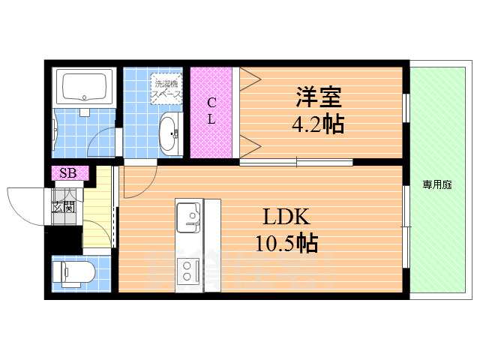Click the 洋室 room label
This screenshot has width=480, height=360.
pyautogui.click(x=318, y=98)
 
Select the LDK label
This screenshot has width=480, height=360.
pyautogui.click(x=286, y=218)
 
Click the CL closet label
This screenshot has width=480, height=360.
pyautogui.click(x=211, y=111)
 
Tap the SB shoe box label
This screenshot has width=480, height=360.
pyautogui.click(x=68, y=173)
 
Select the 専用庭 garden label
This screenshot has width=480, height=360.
pyautogui.click(x=436, y=184)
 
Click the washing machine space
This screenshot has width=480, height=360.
pyautogui.click(x=166, y=88)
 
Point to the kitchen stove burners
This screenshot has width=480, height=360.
pyautogui.click(x=188, y=268)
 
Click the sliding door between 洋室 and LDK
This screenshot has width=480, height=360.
pyautogui.click(x=296, y=161)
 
